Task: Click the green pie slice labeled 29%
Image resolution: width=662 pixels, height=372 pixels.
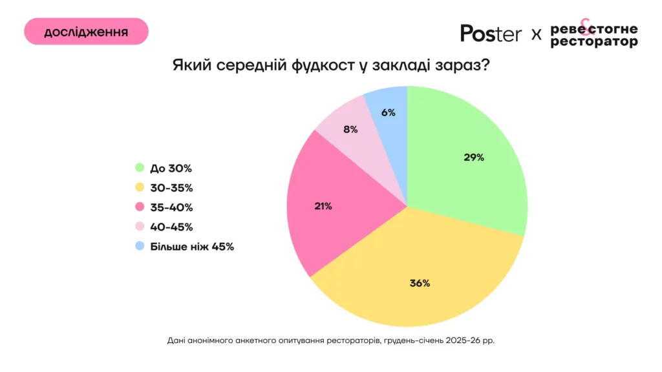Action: click(465, 161)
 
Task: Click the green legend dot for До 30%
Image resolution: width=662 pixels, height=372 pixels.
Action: click(139, 169)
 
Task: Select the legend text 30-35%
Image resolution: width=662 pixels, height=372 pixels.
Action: click(171, 188)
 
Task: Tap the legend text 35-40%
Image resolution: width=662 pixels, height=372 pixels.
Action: click(171, 207)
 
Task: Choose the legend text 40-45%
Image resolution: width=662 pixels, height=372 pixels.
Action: click(171, 227)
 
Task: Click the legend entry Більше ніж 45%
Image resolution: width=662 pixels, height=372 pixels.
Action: click(191, 246)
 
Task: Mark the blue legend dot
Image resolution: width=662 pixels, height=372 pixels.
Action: click(139, 246)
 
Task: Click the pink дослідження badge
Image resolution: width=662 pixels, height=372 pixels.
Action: click(86, 32)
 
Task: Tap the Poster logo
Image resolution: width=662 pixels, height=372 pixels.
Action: click(491, 33)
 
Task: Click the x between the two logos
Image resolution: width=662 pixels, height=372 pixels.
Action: click(536, 34)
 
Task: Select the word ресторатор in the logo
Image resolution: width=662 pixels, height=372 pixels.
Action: click(593, 41)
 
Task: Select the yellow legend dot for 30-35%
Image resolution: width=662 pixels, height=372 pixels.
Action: click(139, 188)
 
